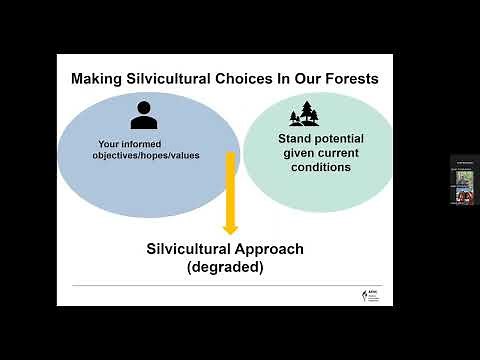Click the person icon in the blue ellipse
[x=144, y=116]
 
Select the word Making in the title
[x=98, y=79]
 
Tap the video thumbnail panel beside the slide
[x=464, y=180]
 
